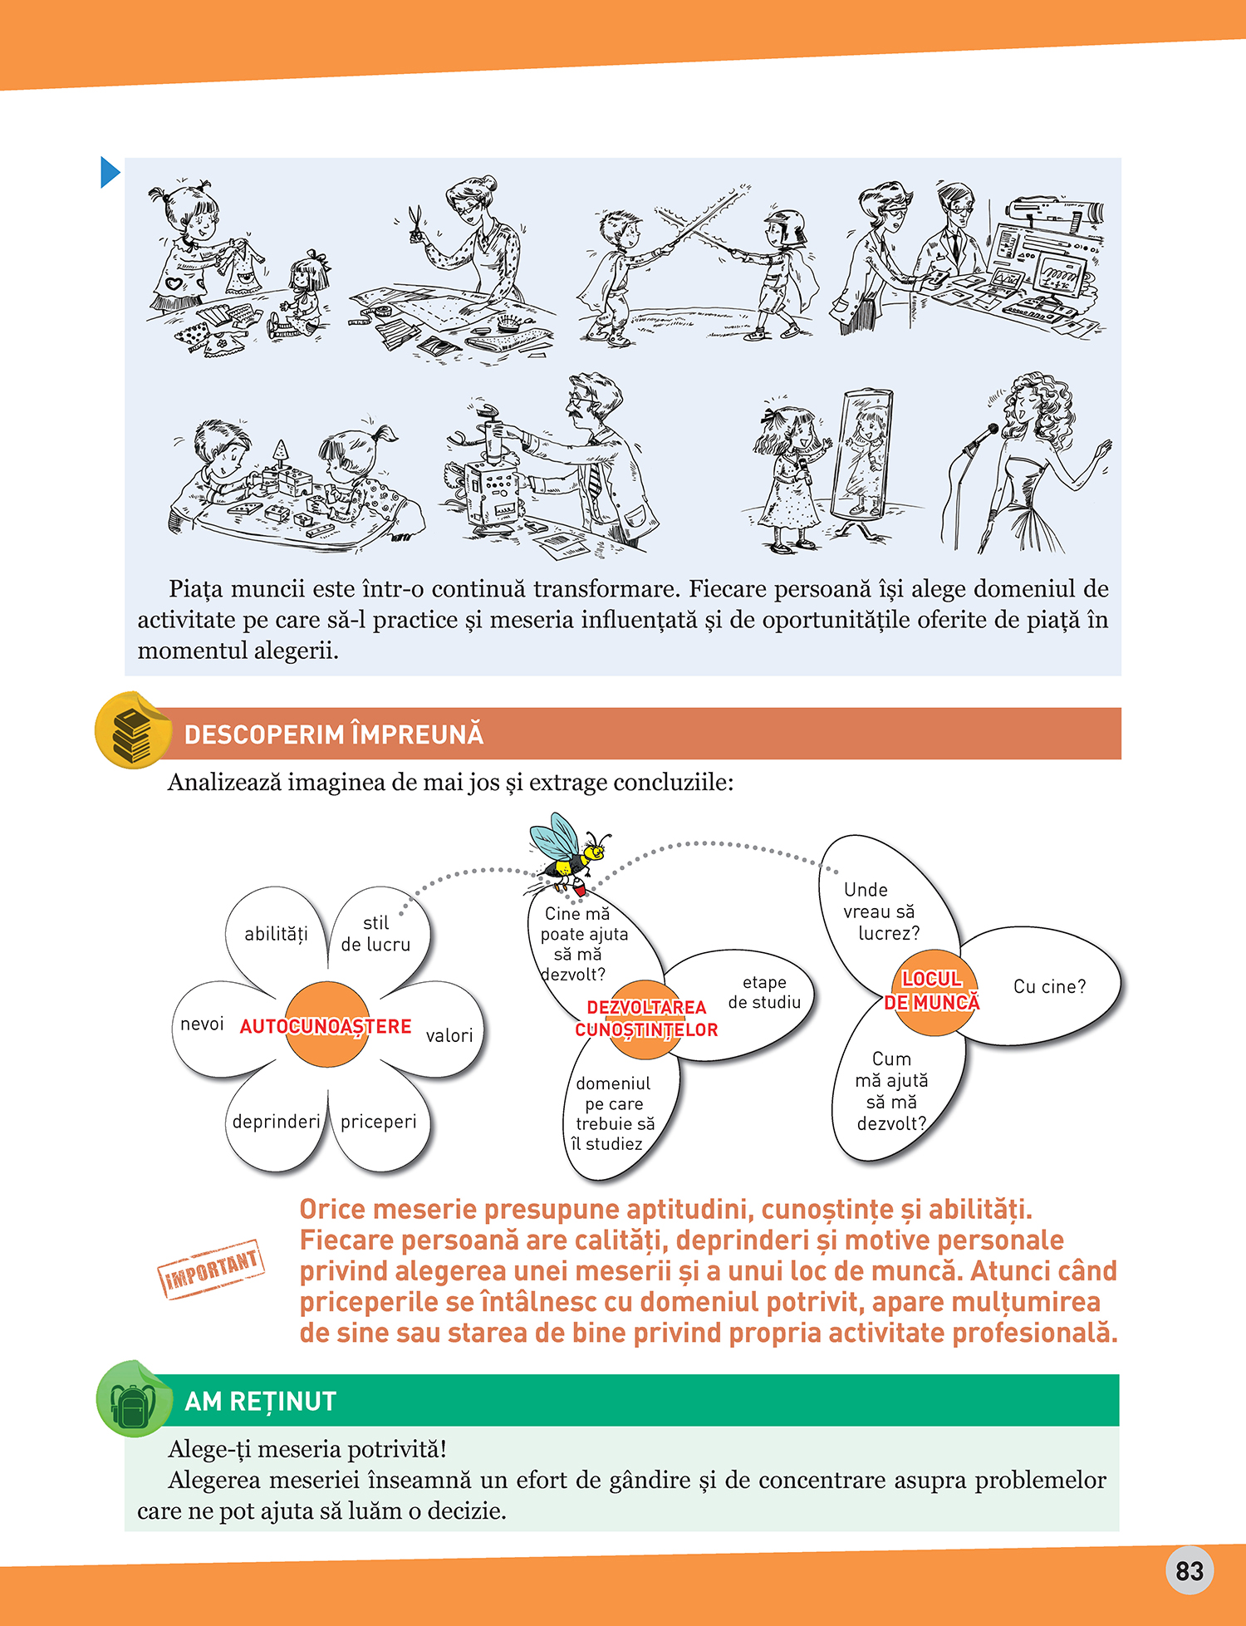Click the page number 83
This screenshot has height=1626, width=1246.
[x=1190, y=1570]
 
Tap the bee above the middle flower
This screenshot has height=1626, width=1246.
[x=568, y=855]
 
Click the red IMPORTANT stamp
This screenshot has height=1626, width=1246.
[x=212, y=1269]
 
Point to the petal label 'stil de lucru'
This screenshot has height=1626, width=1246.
[x=375, y=934]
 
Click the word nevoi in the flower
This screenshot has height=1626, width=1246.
[x=202, y=1024]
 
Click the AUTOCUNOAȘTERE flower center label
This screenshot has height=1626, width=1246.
[x=326, y=1027]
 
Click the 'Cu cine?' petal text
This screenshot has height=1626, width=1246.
[x=1049, y=987]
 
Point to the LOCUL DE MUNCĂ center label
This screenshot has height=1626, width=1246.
[x=931, y=991]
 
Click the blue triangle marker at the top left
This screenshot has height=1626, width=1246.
[x=110, y=173]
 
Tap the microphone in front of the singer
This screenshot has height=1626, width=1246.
[x=981, y=437]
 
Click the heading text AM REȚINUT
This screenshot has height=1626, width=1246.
[x=260, y=1402]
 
